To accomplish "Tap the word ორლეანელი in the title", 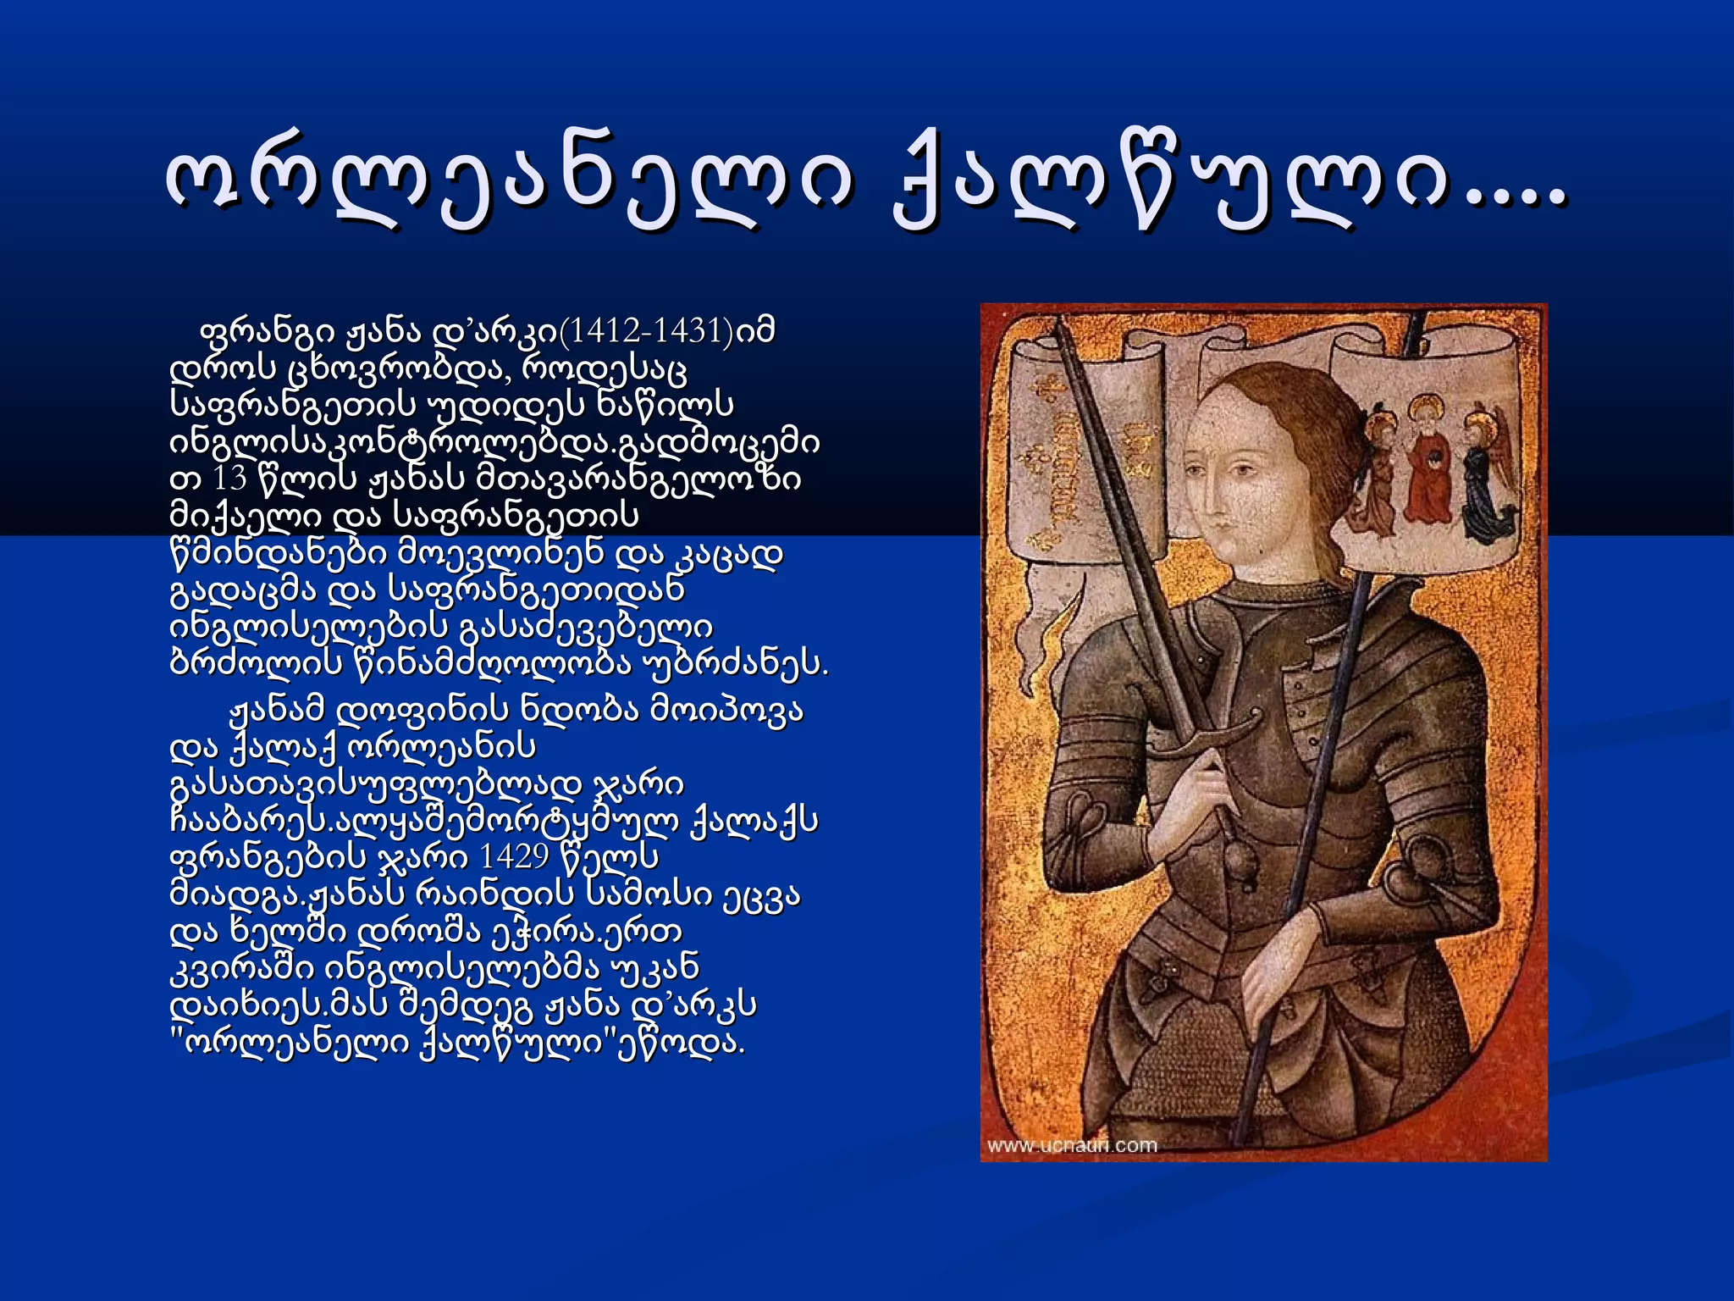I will [x=508, y=185].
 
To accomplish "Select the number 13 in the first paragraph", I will [x=229, y=479].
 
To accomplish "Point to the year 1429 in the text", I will [x=514, y=857].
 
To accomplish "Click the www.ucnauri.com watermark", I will [x=1072, y=1146].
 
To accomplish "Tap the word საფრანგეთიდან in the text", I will [x=536, y=590].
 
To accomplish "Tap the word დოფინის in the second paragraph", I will [x=423, y=709].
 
